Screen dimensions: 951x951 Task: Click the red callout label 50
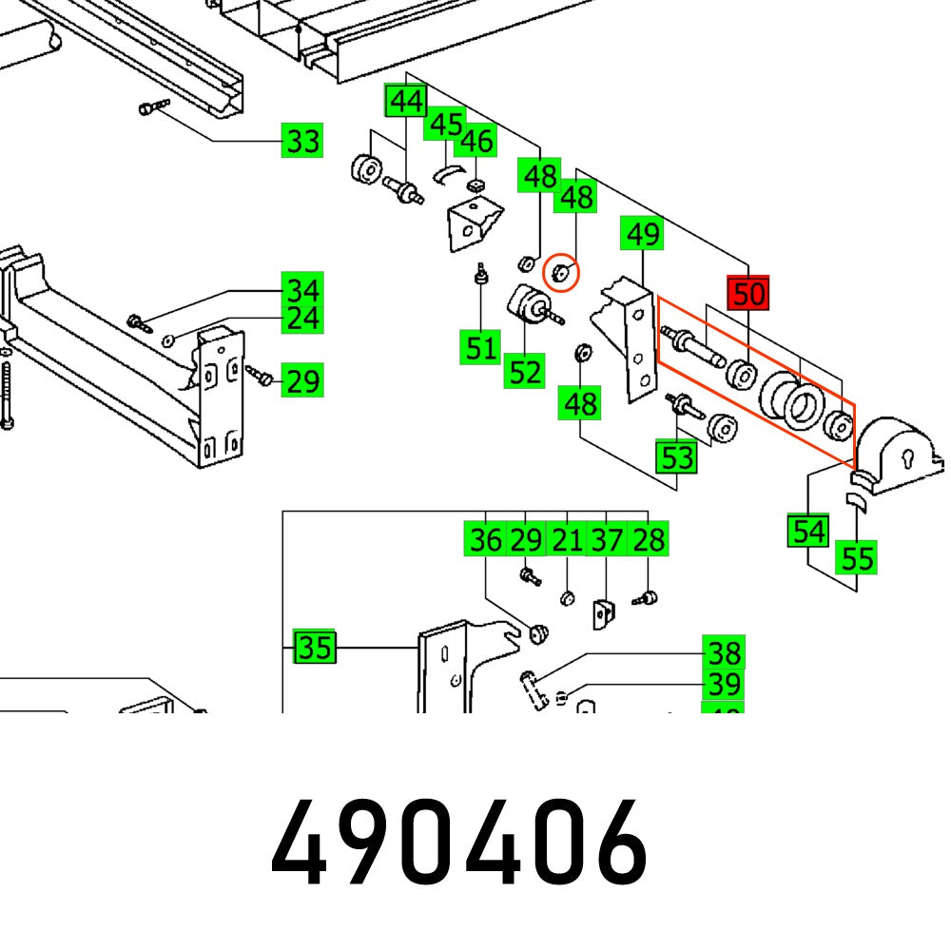tap(748, 294)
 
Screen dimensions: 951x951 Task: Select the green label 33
tap(303, 142)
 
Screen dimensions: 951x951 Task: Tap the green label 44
tap(406, 101)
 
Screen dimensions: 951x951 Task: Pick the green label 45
tap(445, 125)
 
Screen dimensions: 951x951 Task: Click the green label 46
tap(475, 141)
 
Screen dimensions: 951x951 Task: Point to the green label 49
tap(642, 233)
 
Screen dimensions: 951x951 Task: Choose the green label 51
tap(481, 347)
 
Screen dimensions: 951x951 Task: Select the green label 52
tap(525, 371)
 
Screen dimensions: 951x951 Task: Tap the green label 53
tap(677, 457)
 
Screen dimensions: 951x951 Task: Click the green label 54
tap(808, 531)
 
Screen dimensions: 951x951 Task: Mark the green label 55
tap(857, 557)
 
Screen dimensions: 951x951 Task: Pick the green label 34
tap(303, 288)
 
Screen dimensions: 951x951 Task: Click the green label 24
tap(303, 318)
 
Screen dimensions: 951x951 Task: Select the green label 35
tap(314, 648)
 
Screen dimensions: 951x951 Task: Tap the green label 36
tap(486, 540)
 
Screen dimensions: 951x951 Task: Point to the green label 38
tap(724, 653)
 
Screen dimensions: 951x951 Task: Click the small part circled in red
tap(561, 273)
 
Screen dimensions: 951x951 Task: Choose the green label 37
tap(607, 540)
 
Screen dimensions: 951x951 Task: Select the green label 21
tap(567, 540)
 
